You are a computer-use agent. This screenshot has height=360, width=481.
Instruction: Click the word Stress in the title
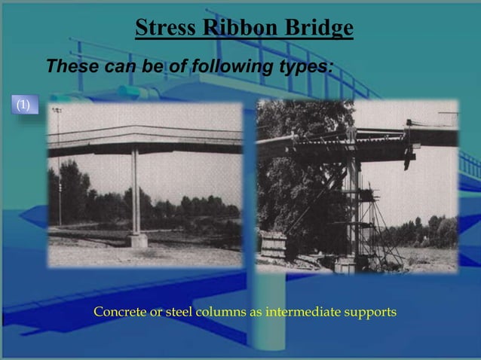[161, 28]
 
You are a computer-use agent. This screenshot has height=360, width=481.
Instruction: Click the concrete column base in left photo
[137, 239]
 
